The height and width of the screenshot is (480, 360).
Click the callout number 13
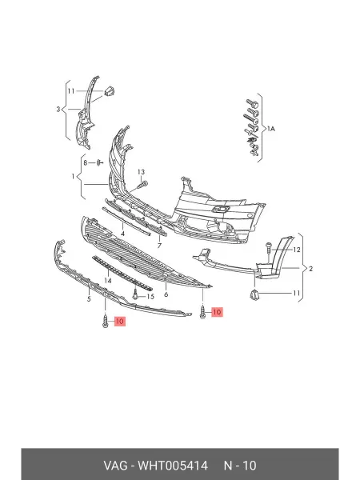click(141, 172)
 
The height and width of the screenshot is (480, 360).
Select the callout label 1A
click(271, 129)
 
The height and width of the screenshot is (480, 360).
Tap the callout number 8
click(86, 163)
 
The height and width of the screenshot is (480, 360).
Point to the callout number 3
click(58, 109)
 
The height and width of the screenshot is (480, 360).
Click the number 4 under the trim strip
click(122, 234)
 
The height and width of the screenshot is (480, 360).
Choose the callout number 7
click(159, 246)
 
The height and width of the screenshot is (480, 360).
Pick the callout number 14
click(108, 281)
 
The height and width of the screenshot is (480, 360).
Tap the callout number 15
click(150, 296)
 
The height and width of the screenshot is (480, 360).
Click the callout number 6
click(166, 294)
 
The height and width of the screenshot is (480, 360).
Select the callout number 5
click(89, 299)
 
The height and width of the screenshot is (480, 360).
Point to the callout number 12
click(297, 250)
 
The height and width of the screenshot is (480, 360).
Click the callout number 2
click(310, 269)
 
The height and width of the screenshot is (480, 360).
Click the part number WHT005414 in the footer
click(173, 466)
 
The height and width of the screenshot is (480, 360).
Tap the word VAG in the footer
click(115, 466)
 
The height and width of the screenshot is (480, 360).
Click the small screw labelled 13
click(143, 185)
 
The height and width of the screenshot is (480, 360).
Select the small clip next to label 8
click(99, 162)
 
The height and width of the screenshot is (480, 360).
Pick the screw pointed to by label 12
click(269, 247)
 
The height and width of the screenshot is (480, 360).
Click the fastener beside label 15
click(135, 294)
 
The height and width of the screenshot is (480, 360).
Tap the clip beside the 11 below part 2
click(254, 294)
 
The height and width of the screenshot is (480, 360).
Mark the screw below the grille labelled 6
click(202, 312)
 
